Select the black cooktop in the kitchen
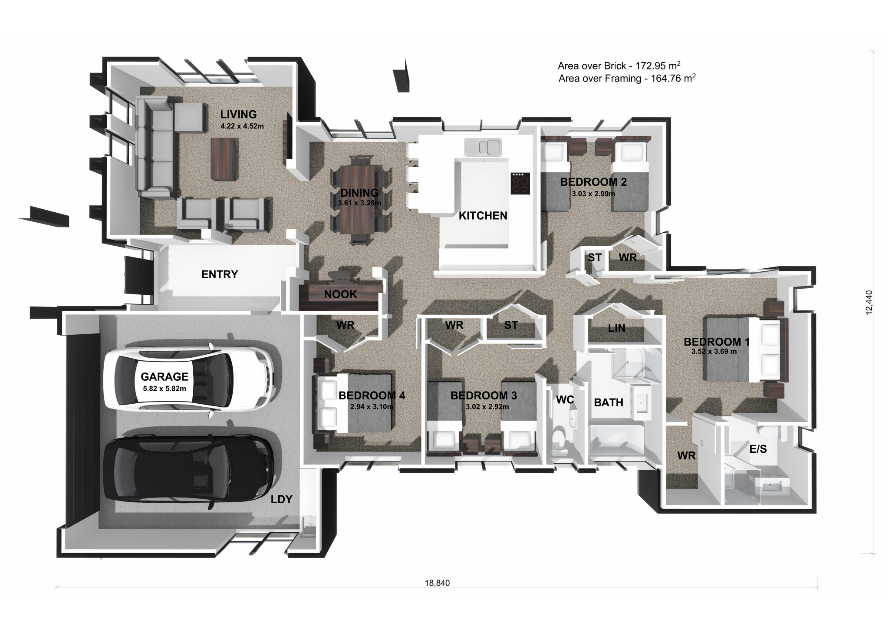pos(520,183)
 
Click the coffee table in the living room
pos(224,158)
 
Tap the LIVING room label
pos(238,114)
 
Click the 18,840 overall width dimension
pos(437,583)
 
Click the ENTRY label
pos(220,274)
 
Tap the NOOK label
pos(340,294)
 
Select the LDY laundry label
pos(281,499)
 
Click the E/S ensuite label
pos(758,449)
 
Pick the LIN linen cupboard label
pos(616,328)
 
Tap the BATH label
pos(609,402)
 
